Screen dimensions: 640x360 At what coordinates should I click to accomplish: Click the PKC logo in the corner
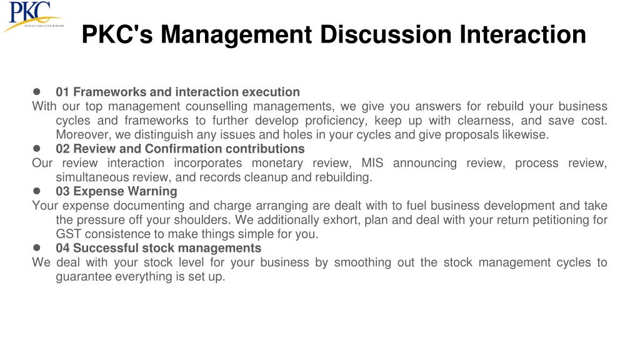pos(32,16)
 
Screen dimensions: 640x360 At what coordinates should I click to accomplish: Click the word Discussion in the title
pos(386,34)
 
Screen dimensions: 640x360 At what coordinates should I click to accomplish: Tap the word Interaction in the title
pos(523,34)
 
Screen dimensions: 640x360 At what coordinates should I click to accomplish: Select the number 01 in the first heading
pos(62,92)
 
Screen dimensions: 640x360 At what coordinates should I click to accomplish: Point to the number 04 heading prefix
pos(62,248)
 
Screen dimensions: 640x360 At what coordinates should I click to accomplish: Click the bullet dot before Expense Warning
pos(37,191)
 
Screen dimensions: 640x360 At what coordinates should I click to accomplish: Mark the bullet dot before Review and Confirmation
pos(37,148)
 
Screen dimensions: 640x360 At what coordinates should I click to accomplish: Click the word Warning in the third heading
pos(152,191)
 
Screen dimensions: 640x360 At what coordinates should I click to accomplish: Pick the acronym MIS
pos(372,163)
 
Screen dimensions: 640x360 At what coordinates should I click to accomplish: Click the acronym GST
pos(69,234)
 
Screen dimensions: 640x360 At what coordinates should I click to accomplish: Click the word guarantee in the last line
pos(84,277)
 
